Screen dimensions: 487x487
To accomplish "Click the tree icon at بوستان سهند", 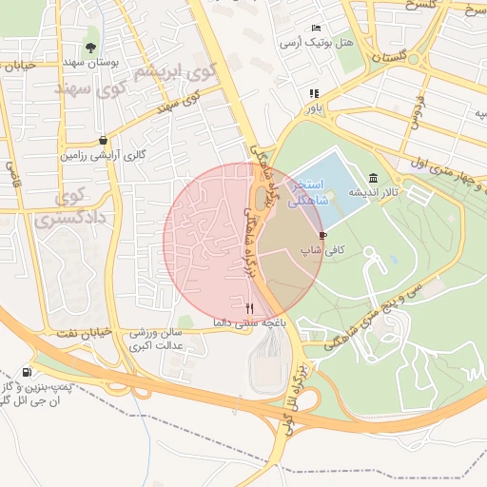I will tap(90, 47).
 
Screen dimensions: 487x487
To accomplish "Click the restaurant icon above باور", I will tap(313, 93).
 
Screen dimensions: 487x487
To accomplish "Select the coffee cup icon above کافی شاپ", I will tap(322, 235).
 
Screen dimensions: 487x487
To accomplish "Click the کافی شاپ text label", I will tap(321, 250).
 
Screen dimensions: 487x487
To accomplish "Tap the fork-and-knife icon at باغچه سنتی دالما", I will tap(249, 308).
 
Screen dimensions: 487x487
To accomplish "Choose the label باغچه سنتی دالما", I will tap(251, 323).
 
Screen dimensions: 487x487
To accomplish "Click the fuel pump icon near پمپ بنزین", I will tap(25, 372).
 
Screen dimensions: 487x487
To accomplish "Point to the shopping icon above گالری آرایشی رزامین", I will tap(103, 140).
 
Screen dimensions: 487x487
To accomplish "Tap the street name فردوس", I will tap(416, 114).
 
